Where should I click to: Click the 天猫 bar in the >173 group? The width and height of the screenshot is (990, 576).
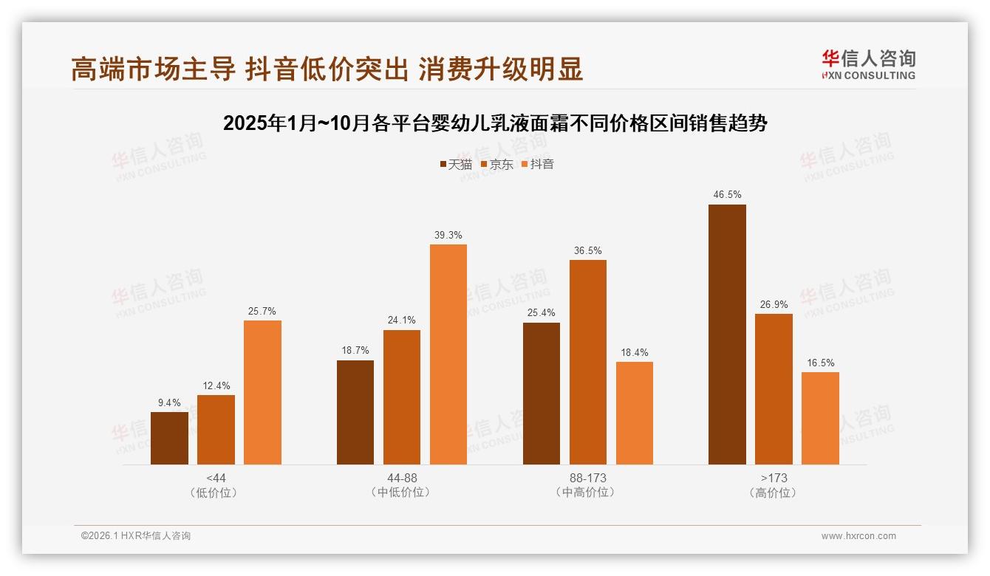(727, 335)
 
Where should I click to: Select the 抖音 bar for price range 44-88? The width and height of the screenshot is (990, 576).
(448, 354)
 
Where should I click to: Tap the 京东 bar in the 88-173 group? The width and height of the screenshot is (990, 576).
(588, 362)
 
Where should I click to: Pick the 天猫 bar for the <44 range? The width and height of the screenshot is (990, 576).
(169, 438)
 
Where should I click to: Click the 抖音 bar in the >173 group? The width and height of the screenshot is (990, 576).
(820, 418)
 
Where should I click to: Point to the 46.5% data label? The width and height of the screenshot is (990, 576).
(727, 195)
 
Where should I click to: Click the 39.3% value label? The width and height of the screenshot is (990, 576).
(448, 235)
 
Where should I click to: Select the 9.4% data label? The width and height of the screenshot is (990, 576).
(169, 402)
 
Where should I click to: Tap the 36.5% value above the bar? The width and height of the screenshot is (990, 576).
(588, 250)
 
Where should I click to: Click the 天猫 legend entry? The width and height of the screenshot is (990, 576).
(456, 164)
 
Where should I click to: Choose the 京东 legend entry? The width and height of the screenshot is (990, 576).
(497, 164)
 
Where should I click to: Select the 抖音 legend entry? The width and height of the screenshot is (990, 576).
(538, 164)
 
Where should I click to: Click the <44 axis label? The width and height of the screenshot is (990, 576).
(216, 478)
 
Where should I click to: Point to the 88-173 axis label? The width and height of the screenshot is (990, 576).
(588, 478)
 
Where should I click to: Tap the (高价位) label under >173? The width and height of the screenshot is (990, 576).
(774, 493)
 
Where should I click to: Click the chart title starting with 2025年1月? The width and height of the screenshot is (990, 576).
(495, 123)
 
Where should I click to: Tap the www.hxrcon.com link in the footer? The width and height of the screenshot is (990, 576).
(858, 536)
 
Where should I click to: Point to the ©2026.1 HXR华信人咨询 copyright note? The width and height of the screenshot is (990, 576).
(136, 536)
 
